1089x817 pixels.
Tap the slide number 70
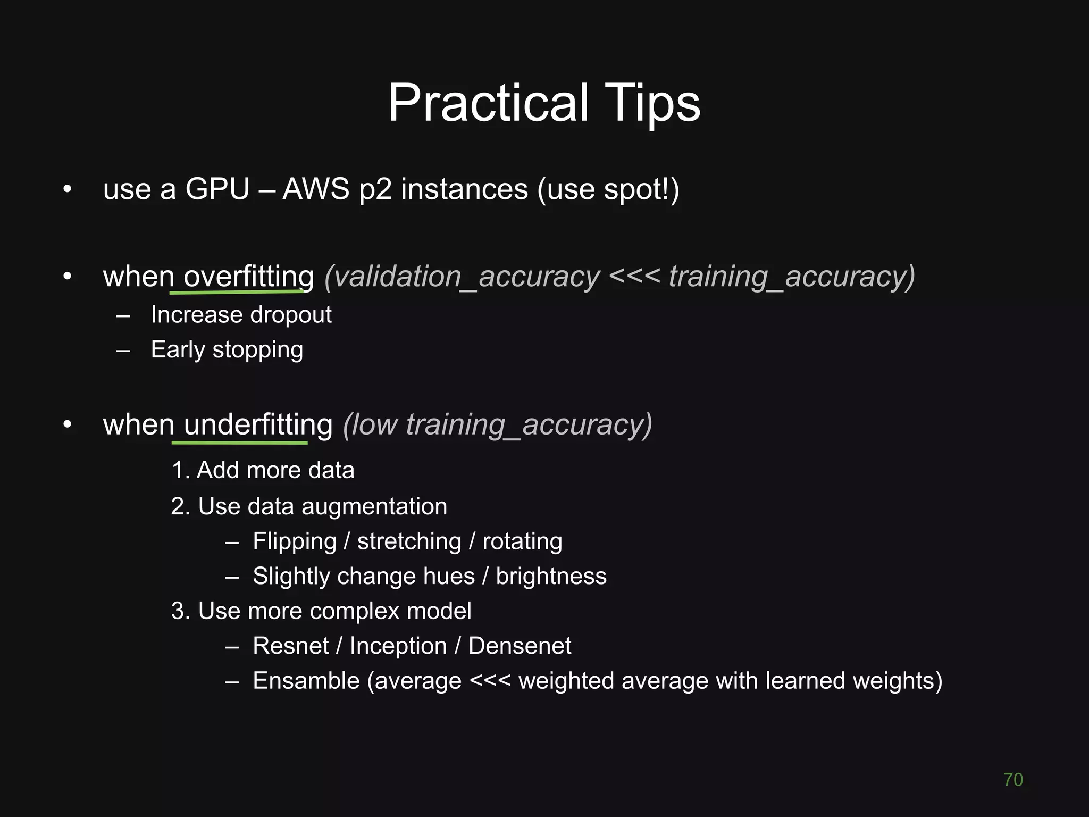1012,779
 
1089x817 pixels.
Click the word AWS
315,189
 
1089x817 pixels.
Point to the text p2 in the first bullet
375,190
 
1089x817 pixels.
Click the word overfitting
248,277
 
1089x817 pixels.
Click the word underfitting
258,425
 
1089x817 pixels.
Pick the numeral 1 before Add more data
178,470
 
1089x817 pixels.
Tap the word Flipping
295,541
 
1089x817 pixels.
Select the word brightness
551,577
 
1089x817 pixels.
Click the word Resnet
291,646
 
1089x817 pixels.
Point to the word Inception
398,646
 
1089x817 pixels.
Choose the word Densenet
520,646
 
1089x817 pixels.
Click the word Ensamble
306,681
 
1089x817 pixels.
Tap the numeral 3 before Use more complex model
178,611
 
